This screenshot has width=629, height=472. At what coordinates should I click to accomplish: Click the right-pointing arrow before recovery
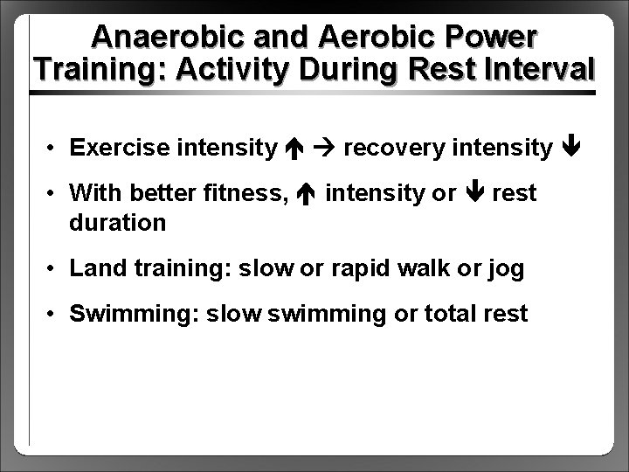(329, 148)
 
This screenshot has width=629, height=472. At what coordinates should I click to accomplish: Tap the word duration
(117, 222)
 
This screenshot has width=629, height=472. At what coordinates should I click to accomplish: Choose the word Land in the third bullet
(96, 268)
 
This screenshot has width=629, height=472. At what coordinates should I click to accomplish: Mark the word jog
(504, 268)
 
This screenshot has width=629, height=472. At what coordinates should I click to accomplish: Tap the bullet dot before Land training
(54, 269)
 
